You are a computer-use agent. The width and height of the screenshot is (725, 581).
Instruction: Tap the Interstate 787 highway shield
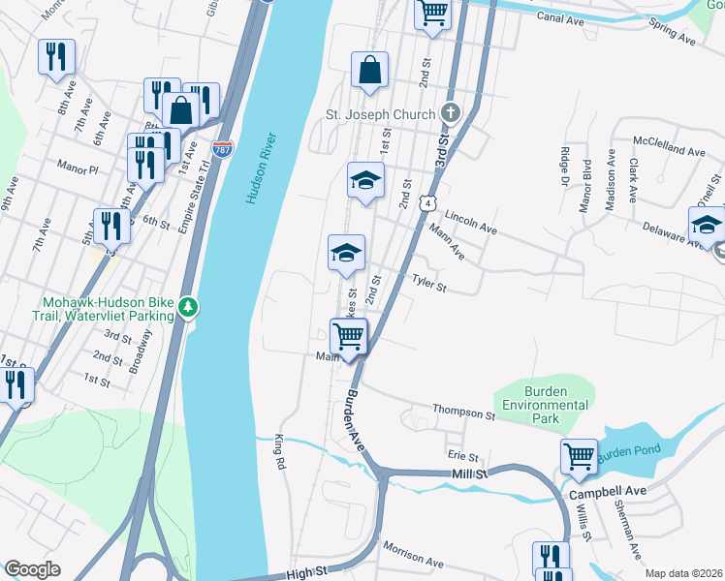coord(223,150)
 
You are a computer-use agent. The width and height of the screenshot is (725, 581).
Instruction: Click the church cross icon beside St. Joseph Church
coord(449,113)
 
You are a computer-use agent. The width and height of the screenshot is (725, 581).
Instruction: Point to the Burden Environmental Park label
coord(541,412)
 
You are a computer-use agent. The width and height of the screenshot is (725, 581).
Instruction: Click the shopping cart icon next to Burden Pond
coord(579,455)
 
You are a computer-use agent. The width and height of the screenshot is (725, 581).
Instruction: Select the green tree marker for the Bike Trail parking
coord(189,308)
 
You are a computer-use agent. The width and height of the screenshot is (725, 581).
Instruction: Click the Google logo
coord(32,568)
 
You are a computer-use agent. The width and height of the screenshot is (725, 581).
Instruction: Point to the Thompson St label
coord(463,413)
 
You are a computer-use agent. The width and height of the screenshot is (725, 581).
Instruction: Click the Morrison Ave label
coord(412,555)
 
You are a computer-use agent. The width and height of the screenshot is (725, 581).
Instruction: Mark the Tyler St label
coord(428,283)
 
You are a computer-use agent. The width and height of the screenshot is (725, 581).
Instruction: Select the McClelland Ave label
coord(669,152)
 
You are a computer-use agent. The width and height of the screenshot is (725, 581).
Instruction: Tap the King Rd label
coord(281,452)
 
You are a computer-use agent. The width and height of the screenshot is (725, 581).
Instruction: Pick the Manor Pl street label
coord(79,167)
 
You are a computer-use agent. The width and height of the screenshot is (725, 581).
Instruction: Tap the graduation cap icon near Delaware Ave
coord(707,224)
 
